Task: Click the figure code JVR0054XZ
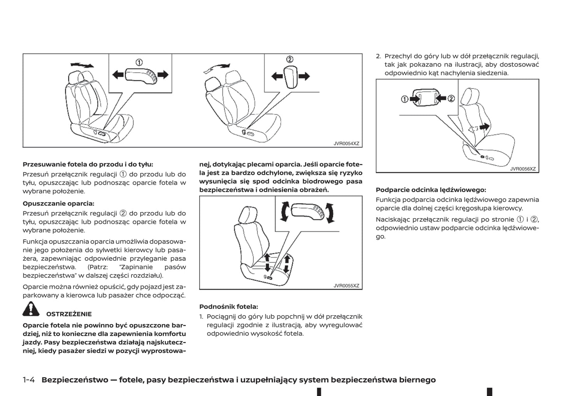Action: (346, 143)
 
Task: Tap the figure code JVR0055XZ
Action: (346, 286)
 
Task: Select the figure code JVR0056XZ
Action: (523, 169)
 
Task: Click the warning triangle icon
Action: (31, 310)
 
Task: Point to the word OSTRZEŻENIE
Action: (69, 314)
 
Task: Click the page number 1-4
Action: (29, 380)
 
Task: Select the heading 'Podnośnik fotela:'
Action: (228, 307)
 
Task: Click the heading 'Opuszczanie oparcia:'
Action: (58, 203)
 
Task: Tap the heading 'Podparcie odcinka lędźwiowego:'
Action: (431, 190)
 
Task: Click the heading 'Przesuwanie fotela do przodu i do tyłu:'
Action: (88, 164)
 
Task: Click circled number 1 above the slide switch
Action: (139, 62)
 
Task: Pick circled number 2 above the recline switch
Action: (289, 59)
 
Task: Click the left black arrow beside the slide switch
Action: (117, 74)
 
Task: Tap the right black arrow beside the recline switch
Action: (304, 76)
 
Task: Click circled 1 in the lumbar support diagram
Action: (404, 99)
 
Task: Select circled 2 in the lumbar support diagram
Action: (451, 99)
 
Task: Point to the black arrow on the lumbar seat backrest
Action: (485, 126)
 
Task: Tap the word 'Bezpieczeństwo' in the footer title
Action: (75, 380)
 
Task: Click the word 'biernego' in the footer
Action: (417, 380)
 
